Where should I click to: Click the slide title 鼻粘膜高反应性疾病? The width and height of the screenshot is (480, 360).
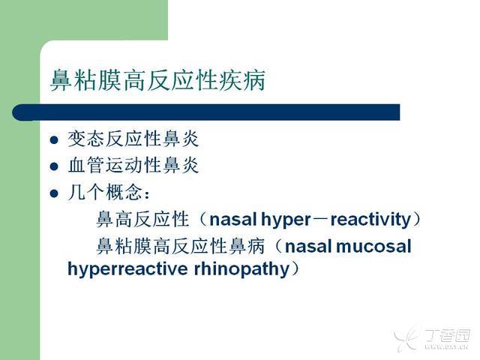[157, 80]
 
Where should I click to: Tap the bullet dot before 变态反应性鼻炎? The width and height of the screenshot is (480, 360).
[54, 140]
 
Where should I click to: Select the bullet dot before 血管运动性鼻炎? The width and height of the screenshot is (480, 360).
[54, 166]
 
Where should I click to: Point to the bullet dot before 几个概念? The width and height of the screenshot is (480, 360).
[54, 193]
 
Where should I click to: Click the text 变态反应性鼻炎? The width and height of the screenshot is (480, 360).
[133, 139]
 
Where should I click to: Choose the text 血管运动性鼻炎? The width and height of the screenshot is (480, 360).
[133, 165]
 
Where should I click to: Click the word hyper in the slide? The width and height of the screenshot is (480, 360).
[286, 220]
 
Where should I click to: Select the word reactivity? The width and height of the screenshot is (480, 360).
[370, 220]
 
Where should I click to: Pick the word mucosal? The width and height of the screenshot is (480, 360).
[373, 247]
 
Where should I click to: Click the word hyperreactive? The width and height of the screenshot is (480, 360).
[127, 269]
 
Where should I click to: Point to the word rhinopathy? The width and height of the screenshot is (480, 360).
[241, 269]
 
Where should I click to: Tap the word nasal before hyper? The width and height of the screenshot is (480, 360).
[233, 220]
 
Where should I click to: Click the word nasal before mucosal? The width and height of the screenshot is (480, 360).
[308, 247]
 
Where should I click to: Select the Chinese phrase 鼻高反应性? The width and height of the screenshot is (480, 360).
[142, 220]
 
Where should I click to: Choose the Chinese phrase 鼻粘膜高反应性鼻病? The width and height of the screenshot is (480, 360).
[181, 246]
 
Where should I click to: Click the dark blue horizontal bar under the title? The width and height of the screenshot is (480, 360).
[206, 112]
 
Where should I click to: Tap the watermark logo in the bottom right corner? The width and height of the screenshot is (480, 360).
[432, 338]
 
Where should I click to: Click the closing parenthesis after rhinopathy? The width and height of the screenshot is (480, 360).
[295, 268]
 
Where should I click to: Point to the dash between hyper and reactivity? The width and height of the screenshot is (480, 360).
[321, 220]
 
